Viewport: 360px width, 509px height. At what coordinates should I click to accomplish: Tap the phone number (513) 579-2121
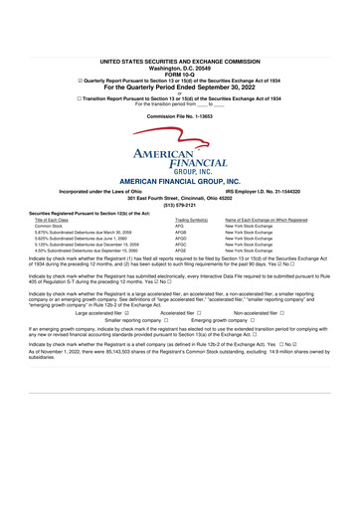(x=179, y=207)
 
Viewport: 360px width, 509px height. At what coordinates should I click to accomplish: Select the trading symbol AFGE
(x=180, y=251)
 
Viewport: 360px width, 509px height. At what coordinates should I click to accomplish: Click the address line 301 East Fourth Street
(x=179, y=199)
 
